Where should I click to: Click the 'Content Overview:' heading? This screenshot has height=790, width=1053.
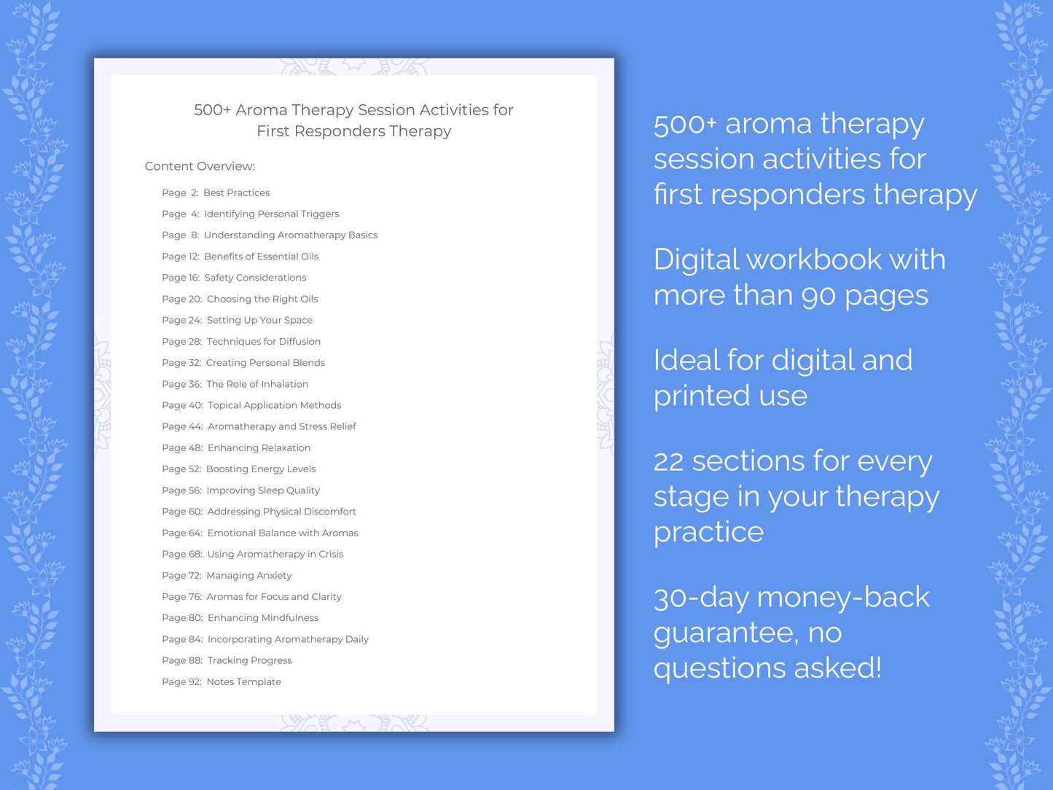(200, 166)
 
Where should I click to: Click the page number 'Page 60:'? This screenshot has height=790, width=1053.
(182, 512)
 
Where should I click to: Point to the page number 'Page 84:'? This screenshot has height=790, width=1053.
(182, 639)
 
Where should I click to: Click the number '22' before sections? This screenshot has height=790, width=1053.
(668, 461)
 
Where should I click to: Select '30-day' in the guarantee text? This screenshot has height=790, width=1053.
(701, 598)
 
